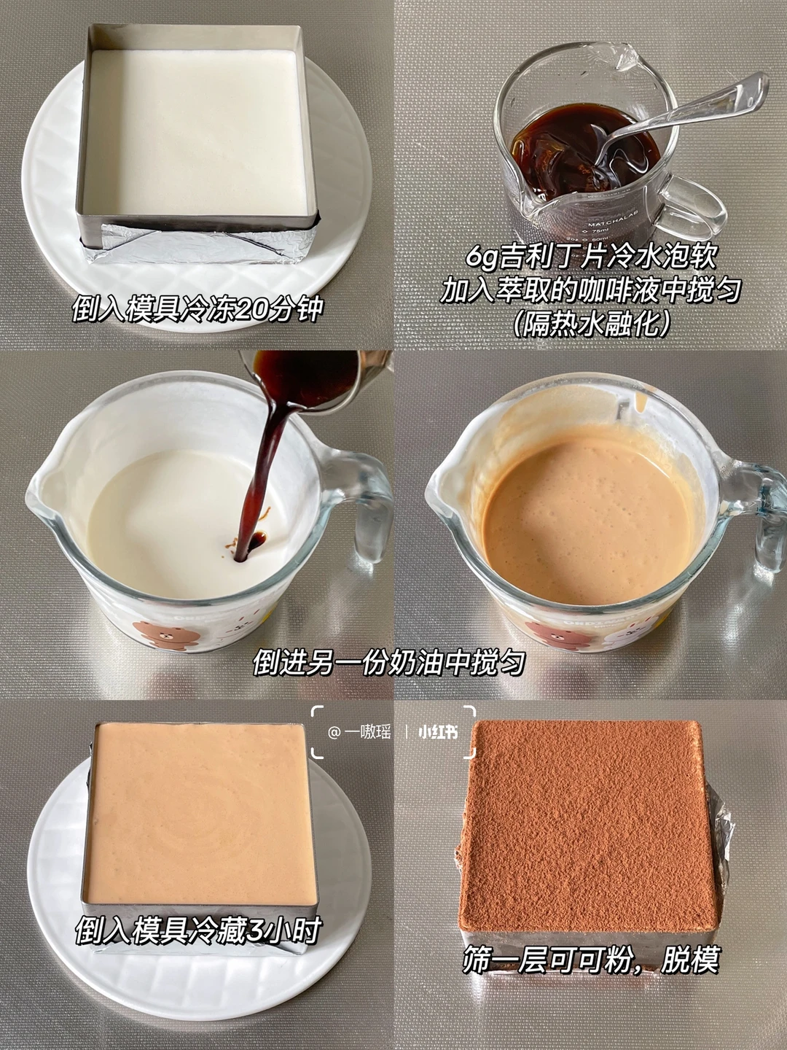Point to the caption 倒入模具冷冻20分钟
tap(197, 310)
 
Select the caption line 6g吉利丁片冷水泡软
tap(591, 258)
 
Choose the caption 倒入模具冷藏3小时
tap(197, 941)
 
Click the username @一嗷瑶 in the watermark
tap(360, 732)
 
